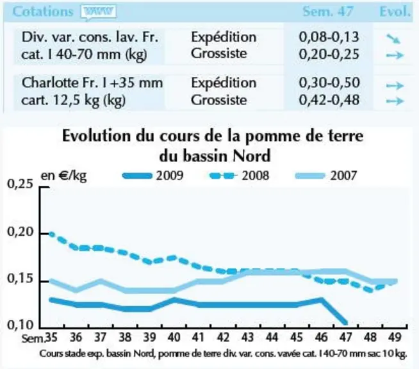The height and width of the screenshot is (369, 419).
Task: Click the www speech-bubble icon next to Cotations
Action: (x=99, y=12)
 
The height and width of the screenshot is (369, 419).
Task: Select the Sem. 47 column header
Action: (x=328, y=12)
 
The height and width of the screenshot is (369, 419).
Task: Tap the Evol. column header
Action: (x=395, y=12)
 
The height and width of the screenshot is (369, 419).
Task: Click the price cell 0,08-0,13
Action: (x=329, y=37)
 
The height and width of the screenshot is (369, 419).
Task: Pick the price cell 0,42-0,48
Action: (x=329, y=100)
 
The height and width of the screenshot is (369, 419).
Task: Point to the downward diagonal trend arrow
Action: (x=393, y=39)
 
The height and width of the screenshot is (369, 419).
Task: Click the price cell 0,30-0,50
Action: (x=329, y=83)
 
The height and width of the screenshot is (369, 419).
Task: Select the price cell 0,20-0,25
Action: (x=329, y=54)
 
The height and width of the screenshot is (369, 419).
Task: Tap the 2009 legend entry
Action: (x=153, y=176)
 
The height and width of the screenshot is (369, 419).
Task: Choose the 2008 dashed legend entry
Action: (x=239, y=176)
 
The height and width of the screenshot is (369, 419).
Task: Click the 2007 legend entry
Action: (x=325, y=176)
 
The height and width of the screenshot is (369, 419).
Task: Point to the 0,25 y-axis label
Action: (x=21, y=184)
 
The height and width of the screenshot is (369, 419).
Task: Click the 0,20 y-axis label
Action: (x=21, y=232)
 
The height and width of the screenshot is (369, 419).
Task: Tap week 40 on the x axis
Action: (x=174, y=337)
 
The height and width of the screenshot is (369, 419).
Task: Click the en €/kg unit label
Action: (x=63, y=176)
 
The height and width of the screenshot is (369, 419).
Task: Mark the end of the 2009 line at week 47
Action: (x=346, y=323)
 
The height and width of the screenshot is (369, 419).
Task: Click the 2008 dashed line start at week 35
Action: (x=51, y=234)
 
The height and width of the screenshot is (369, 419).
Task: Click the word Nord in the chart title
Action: (x=251, y=156)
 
